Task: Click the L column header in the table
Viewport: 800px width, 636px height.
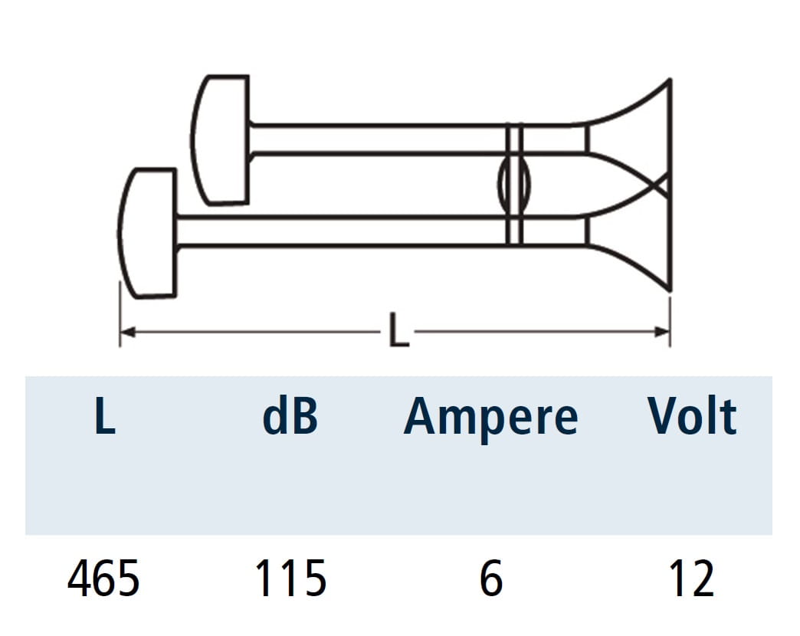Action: coord(105,415)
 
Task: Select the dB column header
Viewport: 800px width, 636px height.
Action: coord(290,415)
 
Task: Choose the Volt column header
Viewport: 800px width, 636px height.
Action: coord(693,415)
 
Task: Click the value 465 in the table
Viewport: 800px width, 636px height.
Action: coord(103,578)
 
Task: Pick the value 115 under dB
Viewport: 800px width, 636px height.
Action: coord(290,578)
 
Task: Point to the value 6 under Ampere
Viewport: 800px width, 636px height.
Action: coord(491,578)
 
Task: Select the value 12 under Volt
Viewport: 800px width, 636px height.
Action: coord(692,578)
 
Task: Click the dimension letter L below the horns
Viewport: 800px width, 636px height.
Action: coord(398,330)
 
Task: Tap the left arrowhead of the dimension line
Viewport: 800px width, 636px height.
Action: coord(127,332)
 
